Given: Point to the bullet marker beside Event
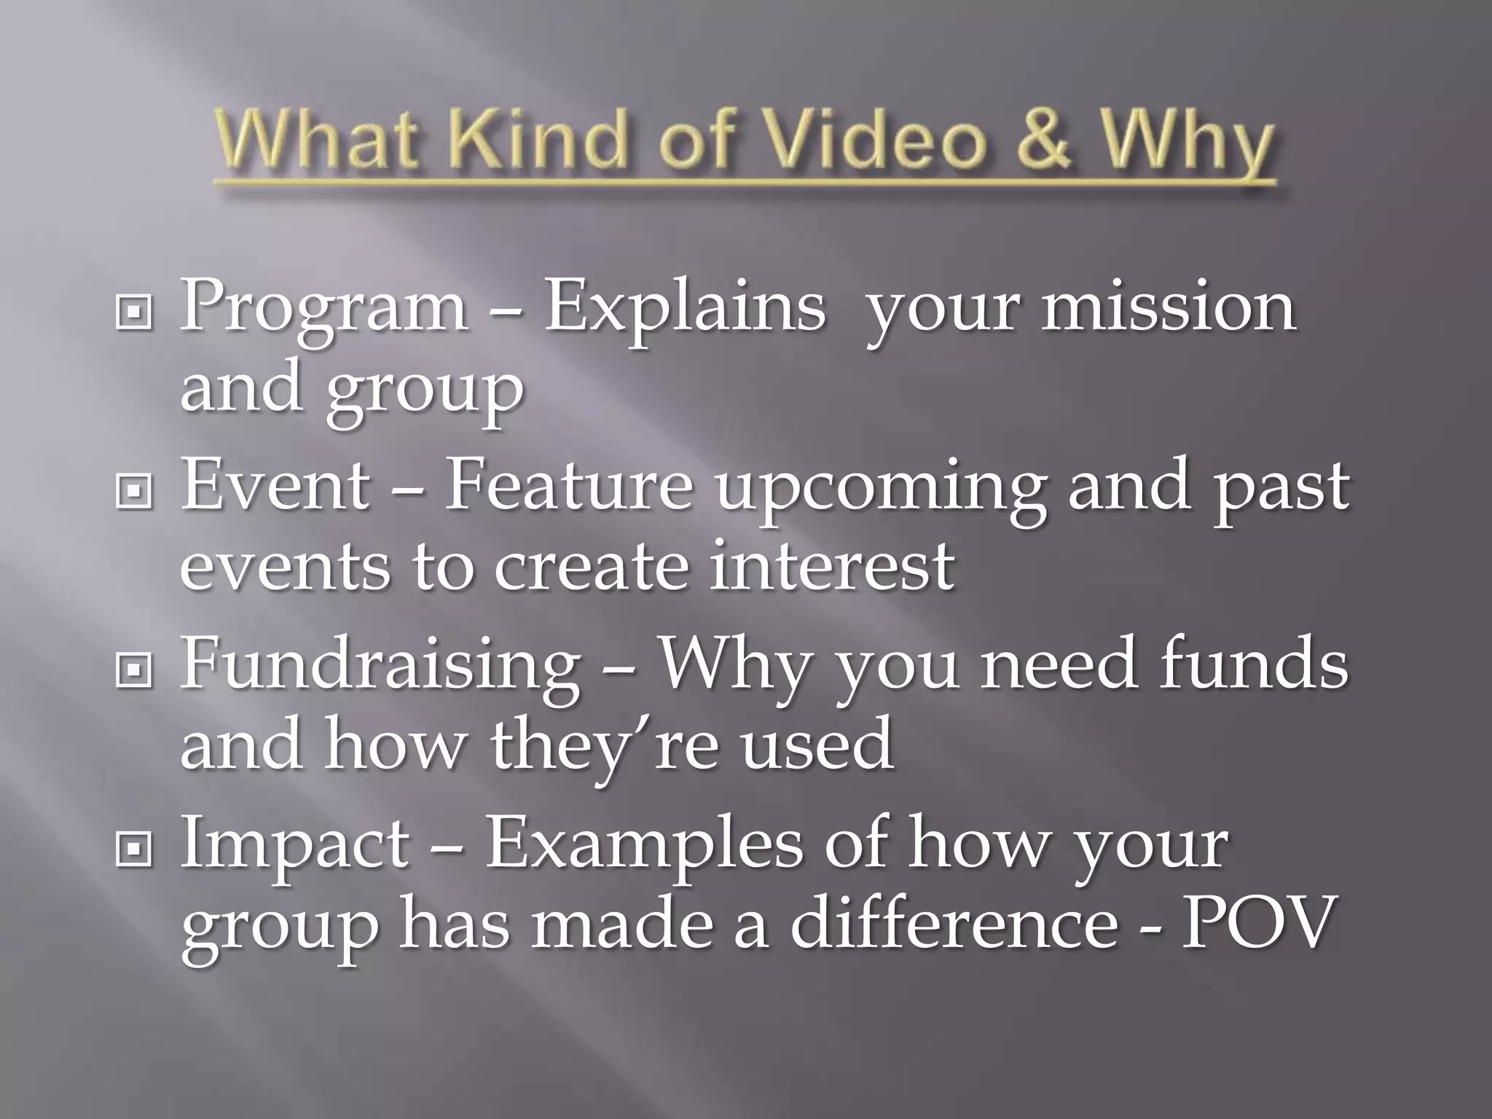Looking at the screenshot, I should [x=134, y=492].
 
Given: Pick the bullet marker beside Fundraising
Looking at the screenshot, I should [x=134, y=670].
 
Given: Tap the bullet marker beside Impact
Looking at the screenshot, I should [x=134, y=849].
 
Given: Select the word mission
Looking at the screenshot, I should [x=1168, y=306].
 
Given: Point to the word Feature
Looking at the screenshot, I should [x=568, y=486].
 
